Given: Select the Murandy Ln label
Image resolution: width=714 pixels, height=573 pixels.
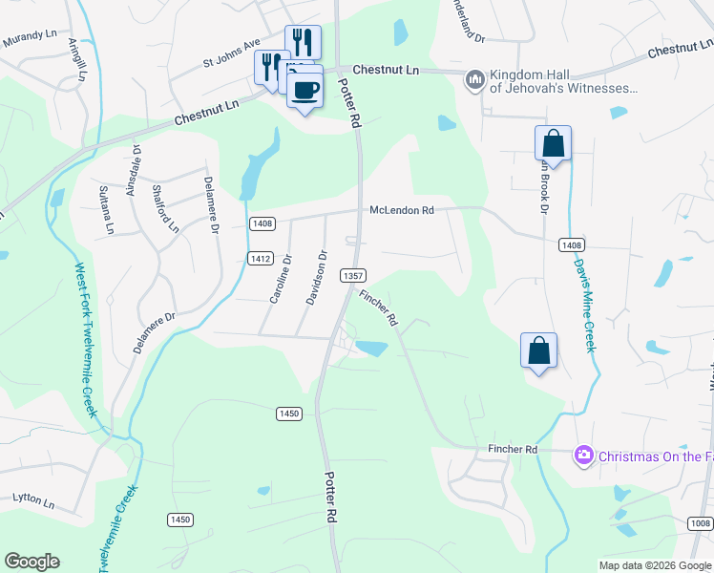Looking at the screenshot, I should click(x=31, y=36).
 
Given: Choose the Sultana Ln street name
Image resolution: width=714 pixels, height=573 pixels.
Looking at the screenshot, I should click(x=106, y=209).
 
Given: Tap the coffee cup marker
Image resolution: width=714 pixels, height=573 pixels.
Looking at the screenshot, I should click(x=305, y=90).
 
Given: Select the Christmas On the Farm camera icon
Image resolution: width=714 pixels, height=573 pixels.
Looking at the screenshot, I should click(x=583, y=456).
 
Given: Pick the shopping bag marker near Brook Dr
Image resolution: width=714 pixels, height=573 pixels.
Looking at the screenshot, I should click(x=553, y=145).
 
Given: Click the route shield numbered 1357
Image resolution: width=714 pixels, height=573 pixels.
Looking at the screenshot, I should click(x=353, y=275).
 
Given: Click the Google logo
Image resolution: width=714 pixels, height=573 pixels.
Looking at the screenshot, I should click(x=31, y=562).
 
